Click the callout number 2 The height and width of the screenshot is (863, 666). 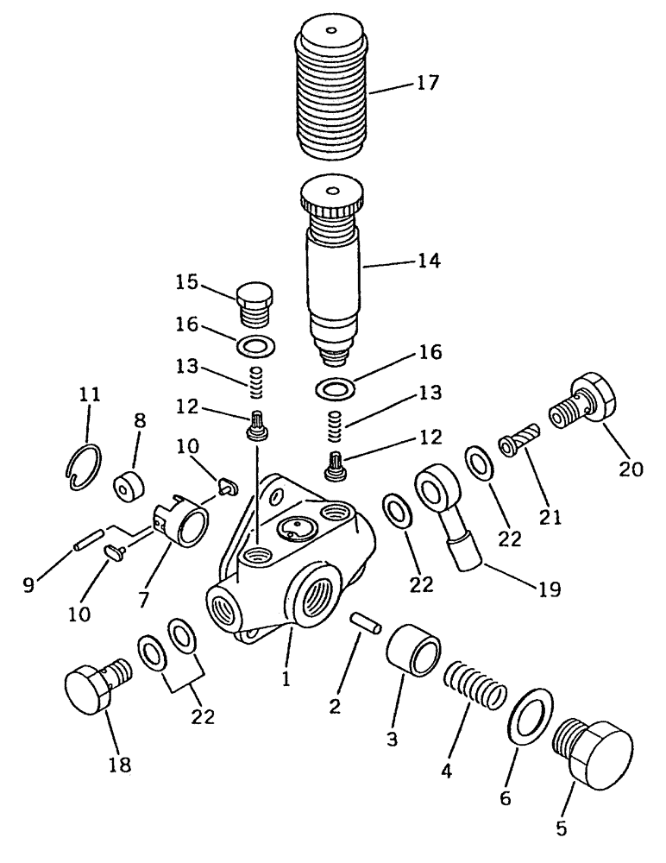tap(336, 705)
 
